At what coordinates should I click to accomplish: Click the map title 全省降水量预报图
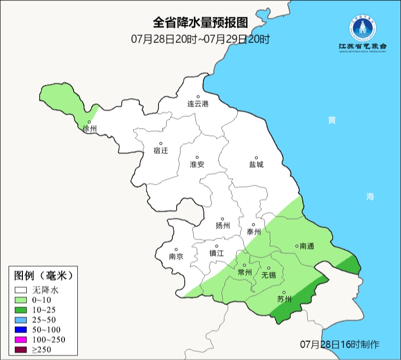[x=200, y=22]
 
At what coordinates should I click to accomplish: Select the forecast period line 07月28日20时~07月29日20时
[x=200, y=39]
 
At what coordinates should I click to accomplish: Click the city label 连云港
[x=198, y=104]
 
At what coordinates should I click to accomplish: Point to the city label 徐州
[x=89, y=129]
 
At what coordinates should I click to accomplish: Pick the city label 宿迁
[x=161, y=150]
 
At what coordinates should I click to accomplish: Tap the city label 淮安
[x=197, y=164]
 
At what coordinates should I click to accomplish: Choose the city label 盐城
[x=256, y=164]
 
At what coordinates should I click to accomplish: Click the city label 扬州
[x=222, y=225]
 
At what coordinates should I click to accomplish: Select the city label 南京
[x=176, y=256]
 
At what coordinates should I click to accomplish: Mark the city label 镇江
[x=216, y=254]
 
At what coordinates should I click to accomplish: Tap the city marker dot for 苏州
[x=284, y=293]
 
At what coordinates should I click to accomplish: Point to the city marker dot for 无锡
[x=268, y=268]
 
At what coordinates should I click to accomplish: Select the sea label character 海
[x=370, y=196]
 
